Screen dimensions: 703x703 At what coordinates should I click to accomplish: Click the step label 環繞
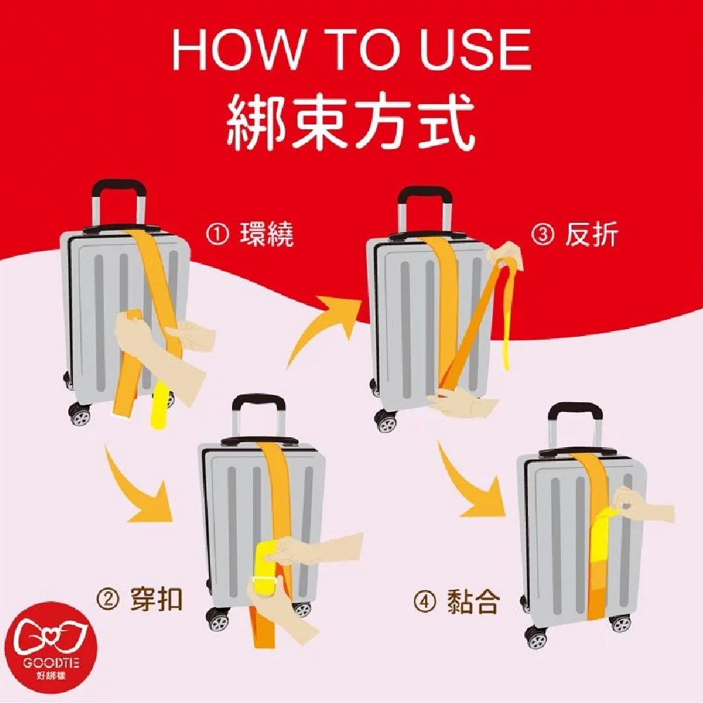(x=267, y=234)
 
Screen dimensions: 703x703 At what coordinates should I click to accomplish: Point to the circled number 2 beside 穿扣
(x=108, y=599)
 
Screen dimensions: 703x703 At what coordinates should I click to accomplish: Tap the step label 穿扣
(x=157, y=598)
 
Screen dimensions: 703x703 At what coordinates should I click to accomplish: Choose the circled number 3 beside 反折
(x=543, y=235)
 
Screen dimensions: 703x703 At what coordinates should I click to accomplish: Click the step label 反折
(x=592, y=234)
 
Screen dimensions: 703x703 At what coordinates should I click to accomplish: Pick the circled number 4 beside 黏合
(x=424, y=602)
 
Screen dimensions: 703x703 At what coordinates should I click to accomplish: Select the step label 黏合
(x=473, y=602)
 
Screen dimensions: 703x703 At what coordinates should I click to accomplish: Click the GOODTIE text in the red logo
(x=51, y=663)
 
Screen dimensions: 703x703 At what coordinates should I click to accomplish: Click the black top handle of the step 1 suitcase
(x=119, y=188)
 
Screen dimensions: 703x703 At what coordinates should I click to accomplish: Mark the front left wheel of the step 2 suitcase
(x=219, y=621)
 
